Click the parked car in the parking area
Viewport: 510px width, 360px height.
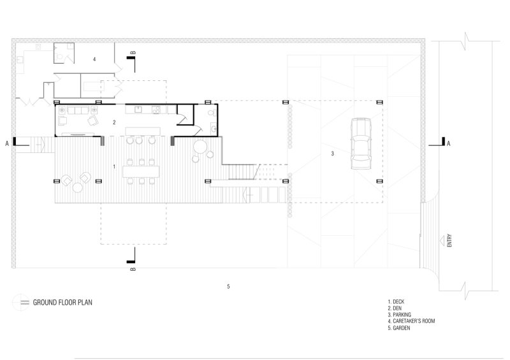point(361,144)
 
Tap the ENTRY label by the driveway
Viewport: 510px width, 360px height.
point(449,240)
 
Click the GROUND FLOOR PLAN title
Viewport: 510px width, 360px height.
point(62,303)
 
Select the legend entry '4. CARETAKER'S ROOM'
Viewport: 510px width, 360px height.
point(411,321)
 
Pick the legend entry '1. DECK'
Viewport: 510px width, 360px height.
point(396,302)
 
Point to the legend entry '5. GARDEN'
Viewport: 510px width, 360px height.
point(399,328)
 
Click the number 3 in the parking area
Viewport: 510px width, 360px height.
point(332,154)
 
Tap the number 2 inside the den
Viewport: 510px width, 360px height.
point(114,122)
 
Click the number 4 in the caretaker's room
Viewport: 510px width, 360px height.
point(94,59)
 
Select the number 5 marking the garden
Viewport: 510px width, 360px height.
point(228,286)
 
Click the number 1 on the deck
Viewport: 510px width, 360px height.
point(114,166)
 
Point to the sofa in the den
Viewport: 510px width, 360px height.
point(78,110)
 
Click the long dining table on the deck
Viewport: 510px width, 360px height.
point(141,171)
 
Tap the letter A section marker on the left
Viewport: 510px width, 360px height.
point(7,143)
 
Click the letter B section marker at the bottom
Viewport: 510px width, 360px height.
point(133,269)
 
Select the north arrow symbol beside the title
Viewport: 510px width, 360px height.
point(20,302)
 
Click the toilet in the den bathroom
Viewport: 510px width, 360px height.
point(212,113)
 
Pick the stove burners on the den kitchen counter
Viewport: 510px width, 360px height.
point(156,110)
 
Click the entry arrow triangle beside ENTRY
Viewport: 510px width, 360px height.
point(442,241)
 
